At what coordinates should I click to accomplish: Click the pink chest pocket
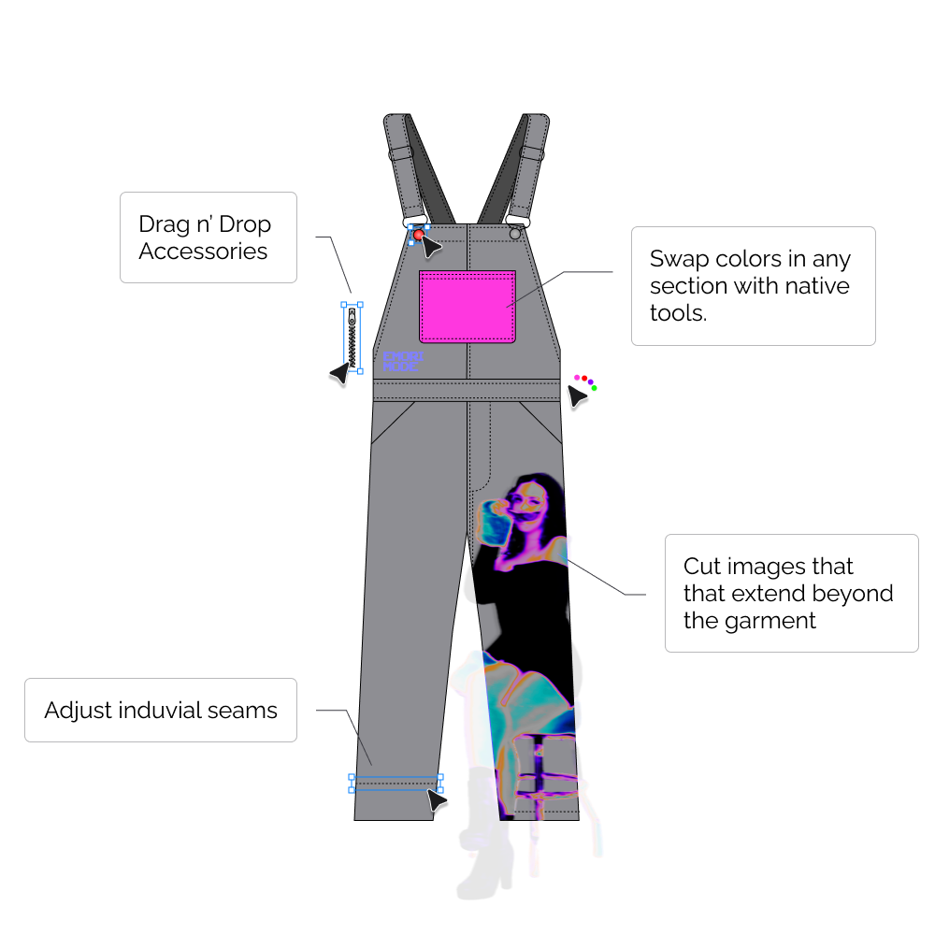tap(467, 307)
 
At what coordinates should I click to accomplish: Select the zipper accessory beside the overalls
tap(352, 338)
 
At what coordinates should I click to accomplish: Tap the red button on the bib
tap(418, 235)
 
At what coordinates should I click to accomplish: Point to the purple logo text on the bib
tap(403, 362)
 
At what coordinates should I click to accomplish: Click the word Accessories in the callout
tap(203, 252)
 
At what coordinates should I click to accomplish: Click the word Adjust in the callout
tap(79, 710)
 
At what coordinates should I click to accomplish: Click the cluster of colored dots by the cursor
tap(586, 381)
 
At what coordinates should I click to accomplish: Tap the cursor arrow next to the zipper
tap(338, 373)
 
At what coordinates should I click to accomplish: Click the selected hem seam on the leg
tap(396, 784)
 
